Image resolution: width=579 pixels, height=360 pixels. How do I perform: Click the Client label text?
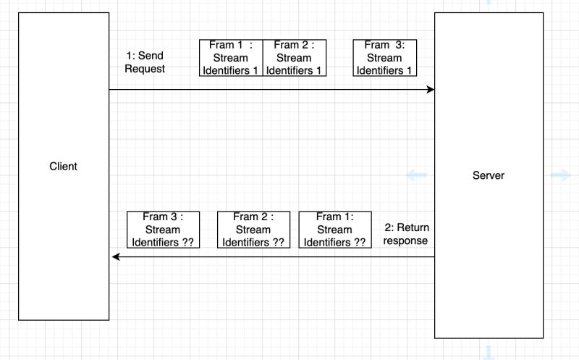tap(63, 167)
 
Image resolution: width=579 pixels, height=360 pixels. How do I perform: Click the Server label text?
tap(489, 175)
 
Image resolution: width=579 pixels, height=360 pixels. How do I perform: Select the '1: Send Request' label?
tap(145, 62)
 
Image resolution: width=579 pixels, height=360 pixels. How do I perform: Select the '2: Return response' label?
tap(406, 234)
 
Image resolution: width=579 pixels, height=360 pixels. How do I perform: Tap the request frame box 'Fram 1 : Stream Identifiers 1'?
tap(230, 58)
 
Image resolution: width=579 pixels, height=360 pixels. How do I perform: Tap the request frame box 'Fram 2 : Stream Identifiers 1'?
tap(294, 58)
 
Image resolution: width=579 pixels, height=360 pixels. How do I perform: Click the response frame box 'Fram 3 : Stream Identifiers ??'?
tap(163, 230)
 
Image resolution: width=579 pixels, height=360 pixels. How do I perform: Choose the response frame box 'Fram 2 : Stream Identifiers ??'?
tap(253, 230)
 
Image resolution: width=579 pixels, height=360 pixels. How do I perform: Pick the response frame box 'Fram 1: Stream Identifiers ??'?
tap(334, 230)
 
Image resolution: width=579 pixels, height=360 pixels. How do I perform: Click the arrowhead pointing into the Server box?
tap(430, 90)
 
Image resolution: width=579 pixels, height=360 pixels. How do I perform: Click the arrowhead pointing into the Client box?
tap(114, 257)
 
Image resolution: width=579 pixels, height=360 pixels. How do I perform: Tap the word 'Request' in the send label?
tap(145, 70)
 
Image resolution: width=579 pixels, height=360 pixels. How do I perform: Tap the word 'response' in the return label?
tap(406, 240)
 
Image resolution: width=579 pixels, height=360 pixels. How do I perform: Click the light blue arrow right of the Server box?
tap(560, 175)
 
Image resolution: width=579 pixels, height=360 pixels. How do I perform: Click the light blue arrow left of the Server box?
tap(415, 175)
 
